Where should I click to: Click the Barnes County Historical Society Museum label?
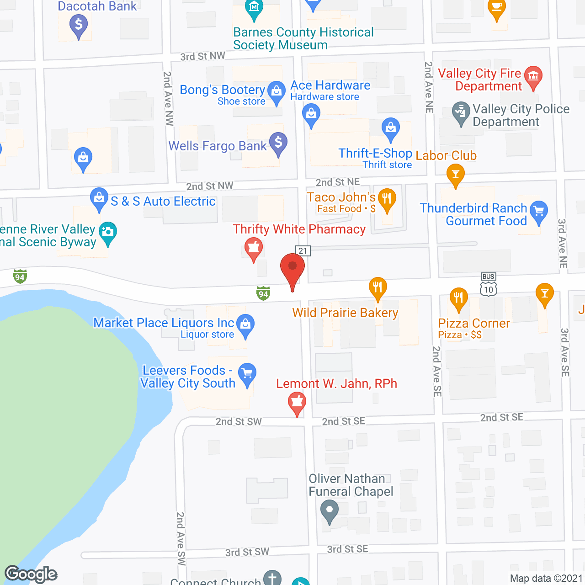[x=303, y=38]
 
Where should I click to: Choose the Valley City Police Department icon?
[x=461, y=112]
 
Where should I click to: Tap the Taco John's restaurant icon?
[x=387, y=199]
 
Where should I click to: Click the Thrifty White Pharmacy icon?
[x=253, y=249]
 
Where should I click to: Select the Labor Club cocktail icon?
[x=455, y=174]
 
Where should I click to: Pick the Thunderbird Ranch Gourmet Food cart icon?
[x=539, y=211]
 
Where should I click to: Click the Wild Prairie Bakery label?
[x=345, y=313]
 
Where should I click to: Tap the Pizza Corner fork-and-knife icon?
[x=458, y=298]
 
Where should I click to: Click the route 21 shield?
[x=303, y=251]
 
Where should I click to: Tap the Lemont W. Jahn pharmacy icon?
[x=297, y=403]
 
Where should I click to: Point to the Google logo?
[x=31, y=574]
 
